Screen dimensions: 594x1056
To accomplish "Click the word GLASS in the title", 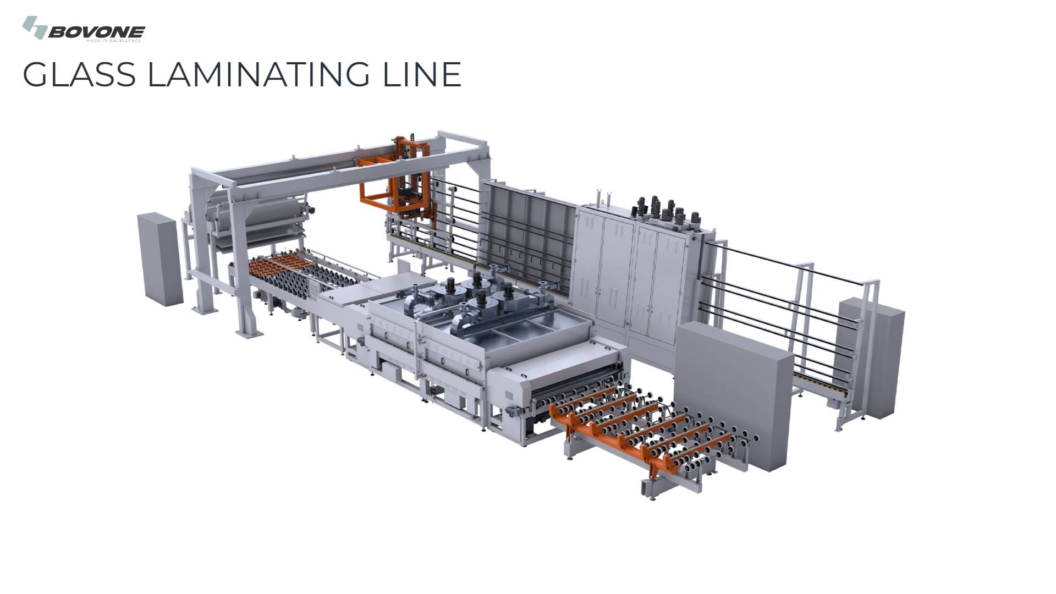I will pos(79,74).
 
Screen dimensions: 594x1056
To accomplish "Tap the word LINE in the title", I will pos(421,74).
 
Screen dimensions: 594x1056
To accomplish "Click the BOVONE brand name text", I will pos(97,32).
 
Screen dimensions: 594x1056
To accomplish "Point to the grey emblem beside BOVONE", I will pos(34,27).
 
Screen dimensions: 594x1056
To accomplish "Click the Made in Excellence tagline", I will pos(114,41).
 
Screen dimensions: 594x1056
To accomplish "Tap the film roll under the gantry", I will pos(258,212).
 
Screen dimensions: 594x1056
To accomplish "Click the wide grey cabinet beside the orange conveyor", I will pos(734,393).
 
